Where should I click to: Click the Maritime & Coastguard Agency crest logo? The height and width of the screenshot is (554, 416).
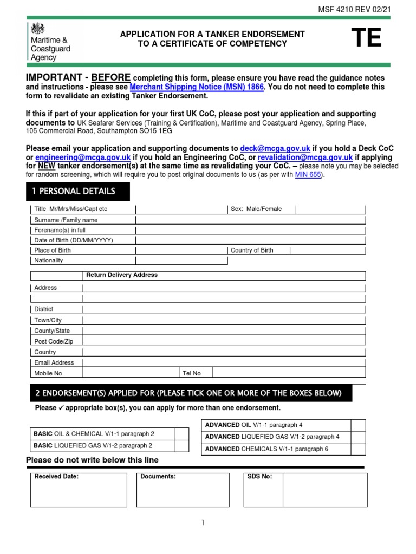37,29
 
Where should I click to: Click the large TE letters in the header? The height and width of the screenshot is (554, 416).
366,38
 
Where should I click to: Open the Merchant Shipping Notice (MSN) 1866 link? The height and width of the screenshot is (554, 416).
197,87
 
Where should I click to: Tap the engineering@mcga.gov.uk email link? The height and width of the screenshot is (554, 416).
83,157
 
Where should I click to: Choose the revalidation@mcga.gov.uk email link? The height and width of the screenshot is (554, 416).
306,157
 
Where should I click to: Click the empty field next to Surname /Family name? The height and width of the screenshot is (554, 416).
250,220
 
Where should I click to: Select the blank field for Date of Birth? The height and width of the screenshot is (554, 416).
250,240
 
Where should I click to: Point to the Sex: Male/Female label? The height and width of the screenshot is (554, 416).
256,209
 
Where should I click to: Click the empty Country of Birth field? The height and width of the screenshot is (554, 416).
328,250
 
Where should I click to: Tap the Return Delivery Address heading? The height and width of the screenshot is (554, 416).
122,275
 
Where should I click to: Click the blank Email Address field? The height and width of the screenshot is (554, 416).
224,362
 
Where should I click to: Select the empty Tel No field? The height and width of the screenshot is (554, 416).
289,373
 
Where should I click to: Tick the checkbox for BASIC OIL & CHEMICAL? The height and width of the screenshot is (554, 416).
181,434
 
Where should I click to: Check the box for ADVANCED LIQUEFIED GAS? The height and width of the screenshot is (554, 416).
358,437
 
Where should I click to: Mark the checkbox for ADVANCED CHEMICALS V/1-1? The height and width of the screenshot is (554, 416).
358,449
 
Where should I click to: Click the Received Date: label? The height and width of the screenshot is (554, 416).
56,477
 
